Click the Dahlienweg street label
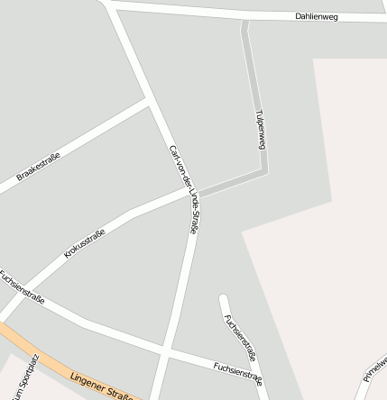pos(316,16)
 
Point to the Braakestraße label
pos(38,168)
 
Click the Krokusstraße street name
pos(84,244)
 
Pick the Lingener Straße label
pos(104,386)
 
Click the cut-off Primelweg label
pos(374,368)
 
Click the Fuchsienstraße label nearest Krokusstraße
pos(22,286)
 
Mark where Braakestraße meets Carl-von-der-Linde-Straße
pos(148,100)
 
